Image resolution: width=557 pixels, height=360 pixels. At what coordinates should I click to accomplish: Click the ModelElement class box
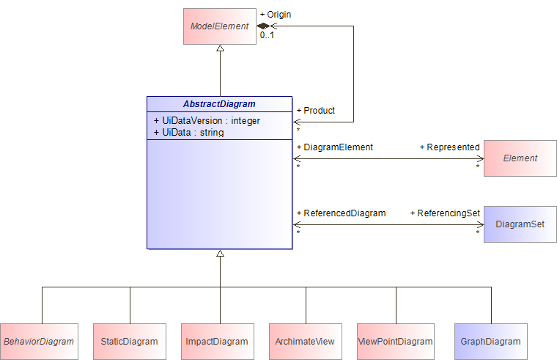(220, 26)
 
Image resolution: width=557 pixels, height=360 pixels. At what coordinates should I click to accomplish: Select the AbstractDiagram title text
(219, 104)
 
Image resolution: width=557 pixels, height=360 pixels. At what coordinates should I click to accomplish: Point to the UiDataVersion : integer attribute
(207, 121)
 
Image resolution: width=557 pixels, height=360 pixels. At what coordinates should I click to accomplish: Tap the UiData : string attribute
(188, 132)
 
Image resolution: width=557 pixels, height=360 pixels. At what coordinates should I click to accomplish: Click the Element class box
(520, 158)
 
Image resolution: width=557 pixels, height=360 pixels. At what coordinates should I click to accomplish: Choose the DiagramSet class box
(520, 224)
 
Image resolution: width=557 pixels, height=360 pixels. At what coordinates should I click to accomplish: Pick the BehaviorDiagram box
(39, 342)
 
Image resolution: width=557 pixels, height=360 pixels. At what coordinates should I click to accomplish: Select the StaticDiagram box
(130, 342)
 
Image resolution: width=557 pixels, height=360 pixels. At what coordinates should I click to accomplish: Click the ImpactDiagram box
(218, 342)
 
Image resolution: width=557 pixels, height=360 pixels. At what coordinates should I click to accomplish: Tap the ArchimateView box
(306, 342)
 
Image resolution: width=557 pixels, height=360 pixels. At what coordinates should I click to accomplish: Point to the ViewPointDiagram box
(395, 342)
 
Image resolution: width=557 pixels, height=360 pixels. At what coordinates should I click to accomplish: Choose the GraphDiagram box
(491, 342)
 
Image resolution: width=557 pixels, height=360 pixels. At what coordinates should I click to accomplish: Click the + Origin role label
(276, 15)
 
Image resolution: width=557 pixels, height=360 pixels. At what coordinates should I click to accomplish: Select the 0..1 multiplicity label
(267, 35)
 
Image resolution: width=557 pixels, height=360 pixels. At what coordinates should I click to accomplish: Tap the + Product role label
(316, 111)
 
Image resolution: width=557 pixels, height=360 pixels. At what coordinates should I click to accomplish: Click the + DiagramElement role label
(335, 147)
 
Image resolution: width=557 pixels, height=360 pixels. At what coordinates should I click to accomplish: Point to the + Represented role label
(450, 147)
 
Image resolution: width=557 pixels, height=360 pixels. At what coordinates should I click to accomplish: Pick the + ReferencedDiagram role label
(342, 213)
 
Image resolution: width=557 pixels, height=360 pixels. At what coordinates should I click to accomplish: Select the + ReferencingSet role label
(445, 213)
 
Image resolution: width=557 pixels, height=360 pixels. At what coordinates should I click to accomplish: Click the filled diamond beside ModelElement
(263, 26)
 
